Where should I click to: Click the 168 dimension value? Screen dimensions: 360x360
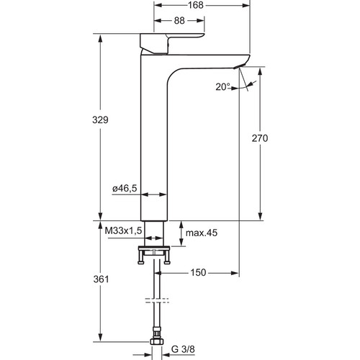(x=196, y=5)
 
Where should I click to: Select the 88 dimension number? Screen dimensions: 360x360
(x=179, y=21)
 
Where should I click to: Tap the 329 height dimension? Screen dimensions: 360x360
(x=100, y=120)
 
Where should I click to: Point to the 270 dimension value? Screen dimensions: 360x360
(x=260, y=138)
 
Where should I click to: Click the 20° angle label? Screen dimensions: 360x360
(x=222, y=87)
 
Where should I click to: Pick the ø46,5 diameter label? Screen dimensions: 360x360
(x=125, y=189)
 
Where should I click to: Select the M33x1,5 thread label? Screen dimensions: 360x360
(x=124, y=230)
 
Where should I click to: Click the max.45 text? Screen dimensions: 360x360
(x=202, y=233)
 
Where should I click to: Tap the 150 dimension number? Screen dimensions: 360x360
(x=198, y=272)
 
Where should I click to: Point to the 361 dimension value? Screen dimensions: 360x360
(x=101, y=279)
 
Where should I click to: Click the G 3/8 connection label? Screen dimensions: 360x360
(x=183, y=349)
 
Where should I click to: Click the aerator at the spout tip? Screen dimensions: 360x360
(x=239, y=66)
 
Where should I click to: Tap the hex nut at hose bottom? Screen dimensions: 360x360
(x=157, y=341)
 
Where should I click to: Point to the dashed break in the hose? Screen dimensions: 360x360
(x=157, y=300)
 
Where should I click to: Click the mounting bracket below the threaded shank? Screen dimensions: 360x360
(x=154, y=255)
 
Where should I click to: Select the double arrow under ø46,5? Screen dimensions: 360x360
(x=153, y=194)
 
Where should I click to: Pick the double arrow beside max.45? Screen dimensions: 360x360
(x=181, y=233)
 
